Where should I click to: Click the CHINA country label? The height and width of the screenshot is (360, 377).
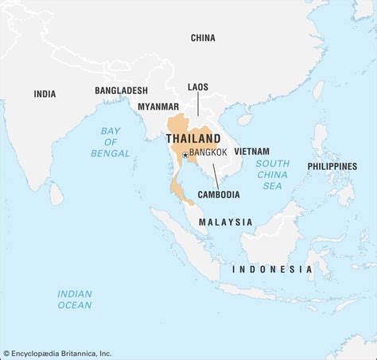pyautogui.click(x=203, y=37)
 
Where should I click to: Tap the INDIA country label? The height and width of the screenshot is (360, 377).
pyautogui.click(x=45, y=94)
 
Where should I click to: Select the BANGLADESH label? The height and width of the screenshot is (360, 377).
pyautogui.click(x=122, y=91)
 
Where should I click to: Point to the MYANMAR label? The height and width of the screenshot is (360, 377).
pyautogui.click(x=158, y=106)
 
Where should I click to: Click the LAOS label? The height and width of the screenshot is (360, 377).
pyautogui.click(x=198, y=86)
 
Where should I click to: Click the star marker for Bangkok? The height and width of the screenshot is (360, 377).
pyautogui.click(x=185, y=155)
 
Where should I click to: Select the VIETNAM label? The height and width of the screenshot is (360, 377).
pyautogui.click(x=251, y=151)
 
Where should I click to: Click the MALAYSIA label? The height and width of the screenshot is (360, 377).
pyautogui.click(x=226, y=222)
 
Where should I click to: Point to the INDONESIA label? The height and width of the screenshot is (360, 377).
pyautogui.click(x=272, y=269)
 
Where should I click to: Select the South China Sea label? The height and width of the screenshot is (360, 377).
pyautogui.click(x=273, y=174)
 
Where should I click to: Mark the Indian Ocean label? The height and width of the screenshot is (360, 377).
pyautogui.click(x=75, y=299)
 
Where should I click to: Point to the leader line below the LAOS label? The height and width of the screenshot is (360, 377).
pyautogui.click(x=198, y=104)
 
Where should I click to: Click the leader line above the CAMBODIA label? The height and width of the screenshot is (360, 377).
pyautogui.click(x=215, y=175)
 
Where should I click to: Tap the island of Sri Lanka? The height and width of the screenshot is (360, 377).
pyautogui.click(x=56, y=192)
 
